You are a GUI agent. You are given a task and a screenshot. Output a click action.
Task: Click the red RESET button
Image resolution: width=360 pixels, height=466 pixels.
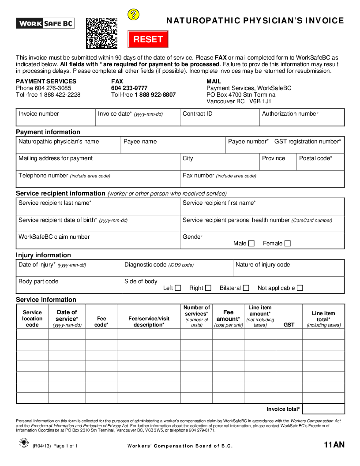(x=148, y=39)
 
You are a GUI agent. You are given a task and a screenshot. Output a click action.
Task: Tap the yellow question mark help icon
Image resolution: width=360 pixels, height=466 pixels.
(x=133, y=15)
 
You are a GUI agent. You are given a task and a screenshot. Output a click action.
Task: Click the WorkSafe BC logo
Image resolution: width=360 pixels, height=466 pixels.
(x=45, y=23)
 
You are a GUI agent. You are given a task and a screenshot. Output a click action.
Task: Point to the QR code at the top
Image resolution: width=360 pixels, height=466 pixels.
(x=101, y=33)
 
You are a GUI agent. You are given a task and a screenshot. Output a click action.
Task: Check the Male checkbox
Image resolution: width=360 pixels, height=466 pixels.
(x=251, y=243)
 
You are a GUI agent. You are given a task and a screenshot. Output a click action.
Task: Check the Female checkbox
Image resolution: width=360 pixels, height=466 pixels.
(x=288, y=243)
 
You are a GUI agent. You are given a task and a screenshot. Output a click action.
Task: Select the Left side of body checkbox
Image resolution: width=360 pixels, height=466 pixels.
(x=178, y=288)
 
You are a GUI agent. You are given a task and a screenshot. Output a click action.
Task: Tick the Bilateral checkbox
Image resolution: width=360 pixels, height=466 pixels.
(x=246, y=288)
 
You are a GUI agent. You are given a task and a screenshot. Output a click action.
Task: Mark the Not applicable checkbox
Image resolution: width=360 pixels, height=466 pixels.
(x=300, y=288)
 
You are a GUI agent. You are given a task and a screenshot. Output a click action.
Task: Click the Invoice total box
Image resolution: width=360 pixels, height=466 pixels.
(x=323, y=409)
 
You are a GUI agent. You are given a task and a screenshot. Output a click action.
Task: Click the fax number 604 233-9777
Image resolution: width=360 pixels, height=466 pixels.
(x=129, y=88)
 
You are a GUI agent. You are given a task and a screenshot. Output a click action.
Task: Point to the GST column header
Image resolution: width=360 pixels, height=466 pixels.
(x=289, y=325)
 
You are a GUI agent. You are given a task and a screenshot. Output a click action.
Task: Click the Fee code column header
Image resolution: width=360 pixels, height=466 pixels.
(x=101, y=321)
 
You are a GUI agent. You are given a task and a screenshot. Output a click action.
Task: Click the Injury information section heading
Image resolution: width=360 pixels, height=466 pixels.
(x=43, y=255)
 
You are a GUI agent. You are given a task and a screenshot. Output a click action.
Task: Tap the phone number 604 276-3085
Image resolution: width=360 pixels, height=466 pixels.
(x=53, y=88)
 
